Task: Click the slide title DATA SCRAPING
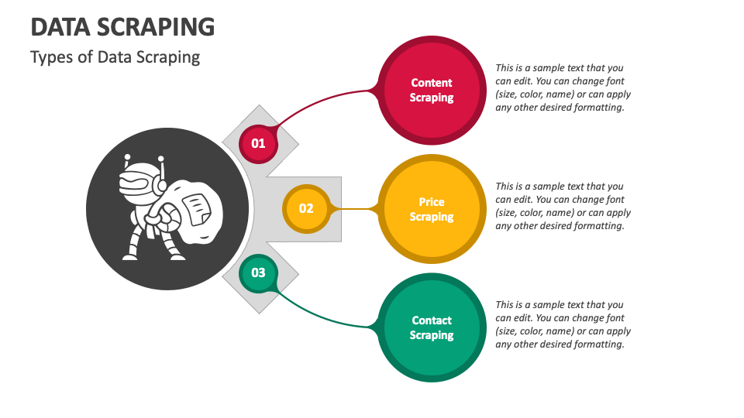coord(122,27)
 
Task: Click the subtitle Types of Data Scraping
coord(115,57)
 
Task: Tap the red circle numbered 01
coord(258,143)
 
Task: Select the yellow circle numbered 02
coord(306,208)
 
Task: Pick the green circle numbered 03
coord(258,272)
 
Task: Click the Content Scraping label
coord(432,90)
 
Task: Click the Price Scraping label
coord(432,209)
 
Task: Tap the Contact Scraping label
coord(432,327)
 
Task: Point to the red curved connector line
coord(325,104)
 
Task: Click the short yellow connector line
coord(356,208)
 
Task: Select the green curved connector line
coord(325,314)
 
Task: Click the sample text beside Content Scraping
coord(563,87)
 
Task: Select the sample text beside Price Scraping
coord(563,206)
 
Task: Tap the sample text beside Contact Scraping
coord(563,324)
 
